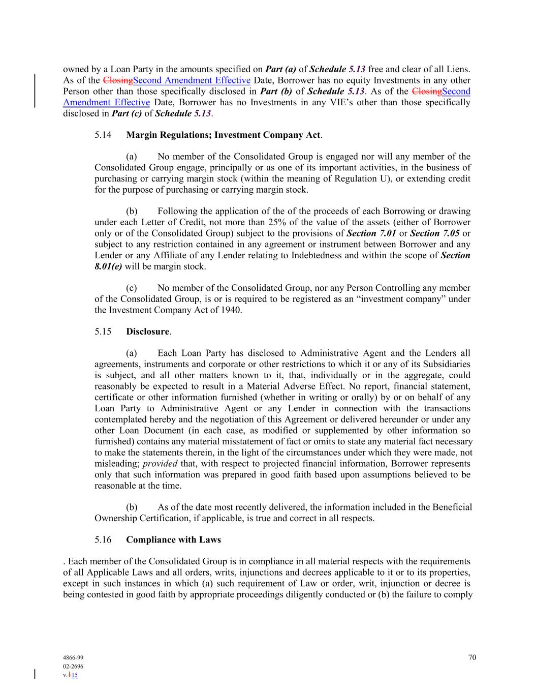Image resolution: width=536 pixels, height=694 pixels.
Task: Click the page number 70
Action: tap(472, 657)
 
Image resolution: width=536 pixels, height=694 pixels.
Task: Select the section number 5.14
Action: tap(103, 135)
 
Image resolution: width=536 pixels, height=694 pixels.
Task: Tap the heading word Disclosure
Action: tap(147, 331)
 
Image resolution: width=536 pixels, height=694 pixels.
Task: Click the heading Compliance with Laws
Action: tap(173, 539)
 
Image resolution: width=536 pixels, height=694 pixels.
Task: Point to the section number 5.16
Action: tap(103, 539)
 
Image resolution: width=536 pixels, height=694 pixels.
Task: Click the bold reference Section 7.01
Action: tap(371, 233)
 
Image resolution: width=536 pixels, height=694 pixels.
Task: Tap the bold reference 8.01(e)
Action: tap(108, 266)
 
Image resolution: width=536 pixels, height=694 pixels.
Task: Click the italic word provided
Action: tap(160, 463)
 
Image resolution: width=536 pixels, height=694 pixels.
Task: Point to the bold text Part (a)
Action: tap(280, 69)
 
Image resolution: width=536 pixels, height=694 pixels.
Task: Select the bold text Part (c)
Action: tap(127, 113)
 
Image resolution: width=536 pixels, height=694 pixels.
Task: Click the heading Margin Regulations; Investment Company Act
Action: tap(224, 135)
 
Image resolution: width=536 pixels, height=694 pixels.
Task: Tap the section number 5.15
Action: tap(103, 331)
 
